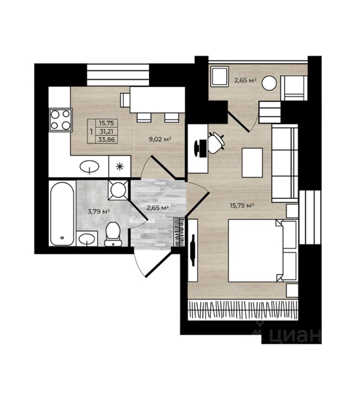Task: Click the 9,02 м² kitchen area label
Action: coord(160,139)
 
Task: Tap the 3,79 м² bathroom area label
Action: coord(98,212)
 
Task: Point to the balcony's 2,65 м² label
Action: coord(245,80)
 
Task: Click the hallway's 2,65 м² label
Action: coord(157,208)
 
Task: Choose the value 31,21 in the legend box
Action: coord(106,131)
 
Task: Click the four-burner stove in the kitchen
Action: coord(61,120)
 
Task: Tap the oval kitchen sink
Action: coord(89,167)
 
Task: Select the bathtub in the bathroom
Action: coord(62,213)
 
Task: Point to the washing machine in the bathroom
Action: coord(118,189)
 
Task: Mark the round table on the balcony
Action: coord(269,83)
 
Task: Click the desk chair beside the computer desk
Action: coord(215,143)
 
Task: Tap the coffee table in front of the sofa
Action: coord(252,163)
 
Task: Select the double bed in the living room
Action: coord(262,251)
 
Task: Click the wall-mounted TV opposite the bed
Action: coord(193,250)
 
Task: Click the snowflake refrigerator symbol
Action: coord(119,167)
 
